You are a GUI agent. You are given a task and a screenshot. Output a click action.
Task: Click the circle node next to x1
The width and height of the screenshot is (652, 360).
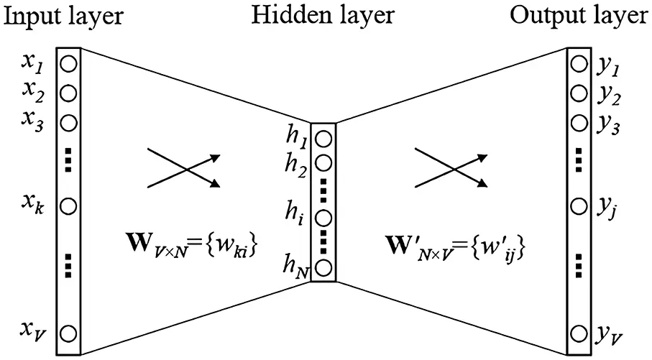coord(68,63)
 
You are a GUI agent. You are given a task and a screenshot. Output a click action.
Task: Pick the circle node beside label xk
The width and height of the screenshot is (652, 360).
coord(68,206)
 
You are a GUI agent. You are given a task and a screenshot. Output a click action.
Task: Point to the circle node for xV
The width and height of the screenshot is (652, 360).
coord(68,333)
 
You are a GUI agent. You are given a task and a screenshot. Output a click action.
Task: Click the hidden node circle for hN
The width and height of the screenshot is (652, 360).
coord(323,269)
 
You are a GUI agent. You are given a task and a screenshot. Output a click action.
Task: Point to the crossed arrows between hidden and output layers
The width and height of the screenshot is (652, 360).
coord(454,169)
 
